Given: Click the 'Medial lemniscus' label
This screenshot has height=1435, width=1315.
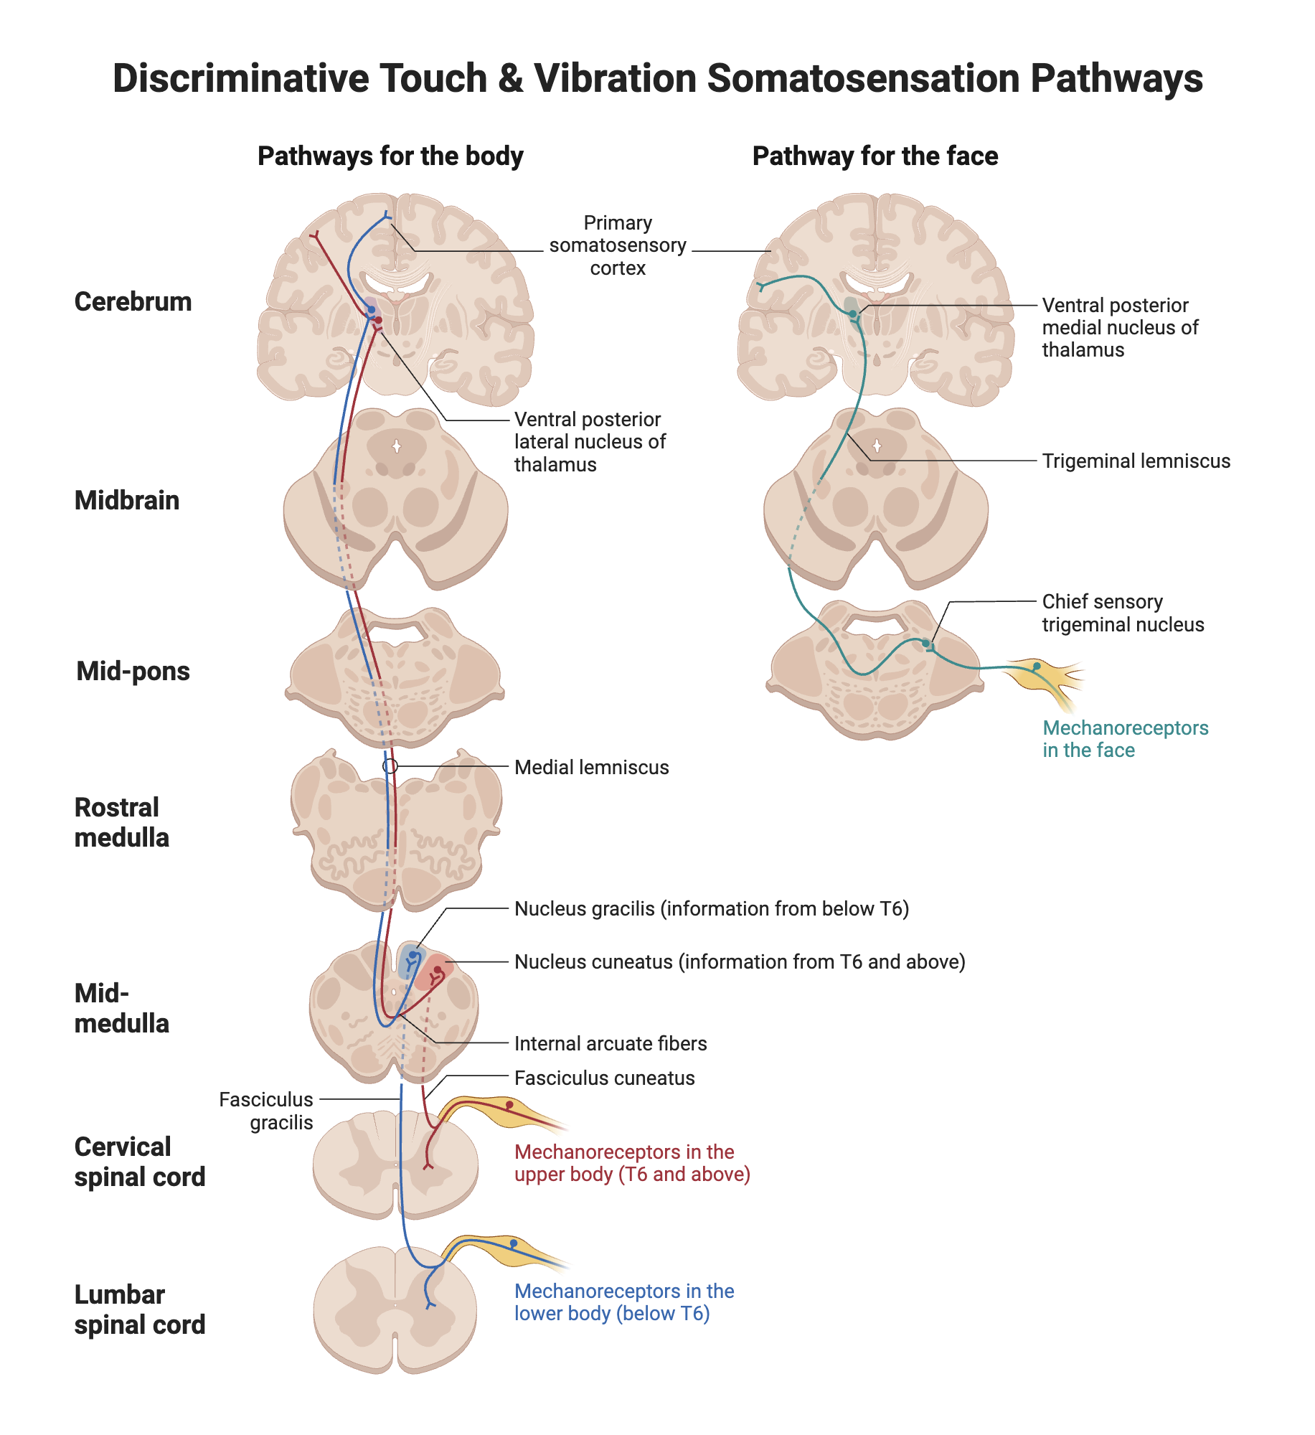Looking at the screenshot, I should tap(591, 767).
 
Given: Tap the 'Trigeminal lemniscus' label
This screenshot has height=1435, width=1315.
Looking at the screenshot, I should tap(1136, 461).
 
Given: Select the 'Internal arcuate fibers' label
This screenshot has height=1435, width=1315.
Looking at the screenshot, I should tap(611, 1043).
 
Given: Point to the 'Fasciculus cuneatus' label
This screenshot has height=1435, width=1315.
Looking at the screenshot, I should tap(604, 1078).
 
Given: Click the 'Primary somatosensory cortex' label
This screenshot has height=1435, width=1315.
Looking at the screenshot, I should tap(618, 245).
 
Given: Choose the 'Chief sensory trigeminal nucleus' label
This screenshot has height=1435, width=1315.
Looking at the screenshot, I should tap(1123, 613).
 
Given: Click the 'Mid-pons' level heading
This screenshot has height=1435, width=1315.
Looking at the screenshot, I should tap(133, 671).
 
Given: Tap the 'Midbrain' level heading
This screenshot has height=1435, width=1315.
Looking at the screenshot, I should tap(127, 500).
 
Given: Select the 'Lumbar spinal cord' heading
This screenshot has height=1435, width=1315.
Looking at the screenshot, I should tap(140, 1309).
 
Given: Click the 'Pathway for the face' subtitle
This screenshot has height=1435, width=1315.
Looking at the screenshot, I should tap(875, 156).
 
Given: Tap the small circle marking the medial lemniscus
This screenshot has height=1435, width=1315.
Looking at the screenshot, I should tap(390, 766).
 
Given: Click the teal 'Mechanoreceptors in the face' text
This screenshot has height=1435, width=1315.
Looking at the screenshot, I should tap(1125, 739).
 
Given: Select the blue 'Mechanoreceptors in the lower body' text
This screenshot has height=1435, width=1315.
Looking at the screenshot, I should tap(624, 1302).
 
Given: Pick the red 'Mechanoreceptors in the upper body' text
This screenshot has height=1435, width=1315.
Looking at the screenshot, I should tap(632, 1162).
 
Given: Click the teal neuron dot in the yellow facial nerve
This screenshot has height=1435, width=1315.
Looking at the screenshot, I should tap(1037, 667).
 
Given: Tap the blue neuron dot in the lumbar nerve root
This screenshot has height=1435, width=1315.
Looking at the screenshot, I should tap(514, 1243).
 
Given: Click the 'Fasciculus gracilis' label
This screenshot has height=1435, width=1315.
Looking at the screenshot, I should tap(266, 1111).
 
